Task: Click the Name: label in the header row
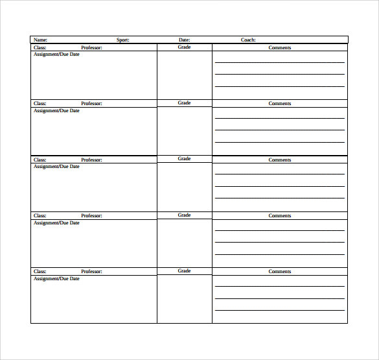pyautogui.click(x=40, y=40)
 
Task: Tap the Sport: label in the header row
pyautogui.click(x=123, y=40)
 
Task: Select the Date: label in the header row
pyautogui.click(x=185, y=40)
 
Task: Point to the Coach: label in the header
pyautogui.click(x=248, y=40)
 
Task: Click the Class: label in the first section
pyautogui.click(x=40, y=47)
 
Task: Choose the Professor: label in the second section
pyautogui.click(x=92, y=104)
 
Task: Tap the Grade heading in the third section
pyautogui.click(x=185, y=159)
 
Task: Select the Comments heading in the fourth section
pyautogui.click(x=280, y=216)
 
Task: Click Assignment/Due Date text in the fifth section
pyautogui.click(x=56, y=278)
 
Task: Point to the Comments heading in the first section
pyautogui.click(x=280, y=48)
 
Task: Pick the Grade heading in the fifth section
pyautogui.click(x=185, y=271)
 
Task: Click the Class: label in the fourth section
pyautogui.click(x=40, y=216)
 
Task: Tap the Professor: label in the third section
pyautogui.click(x=92, y=160)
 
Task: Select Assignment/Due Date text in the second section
pyautogui.click(x=56, y=110)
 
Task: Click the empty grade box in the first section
pyautogui.click(x=185, y=75)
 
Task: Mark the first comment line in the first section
pyautogui.click(x=280, y=62)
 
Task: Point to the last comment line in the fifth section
pyautogui.click(x=280, y=310)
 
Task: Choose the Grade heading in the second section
pyautogui.click(x=185, y=103)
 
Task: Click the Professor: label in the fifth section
pyautogui.click(x=92, y=272)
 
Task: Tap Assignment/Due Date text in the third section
pyautogui.click(x=56, y=166)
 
